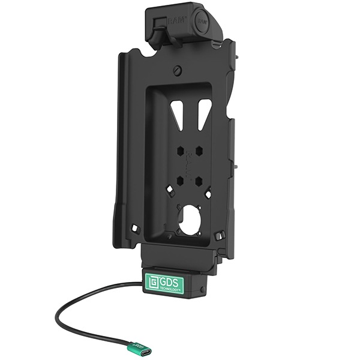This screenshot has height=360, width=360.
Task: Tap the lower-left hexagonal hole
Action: coord(180,178)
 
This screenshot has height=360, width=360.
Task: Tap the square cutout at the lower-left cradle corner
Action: coord(136,229)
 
